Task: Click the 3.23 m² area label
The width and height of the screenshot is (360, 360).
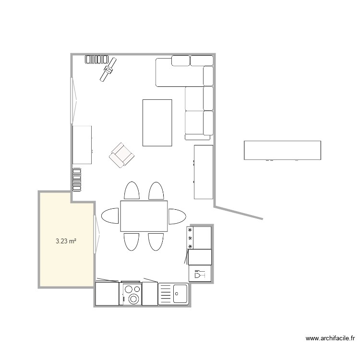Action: (66, 241)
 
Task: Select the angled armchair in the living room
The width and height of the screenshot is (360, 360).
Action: (121, 155)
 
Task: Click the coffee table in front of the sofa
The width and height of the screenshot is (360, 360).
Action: (157, 122)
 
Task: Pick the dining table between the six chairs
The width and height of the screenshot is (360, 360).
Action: (144, 216)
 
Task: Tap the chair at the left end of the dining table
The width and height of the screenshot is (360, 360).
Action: (110, 216)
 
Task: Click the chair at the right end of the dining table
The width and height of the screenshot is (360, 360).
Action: (177, 216)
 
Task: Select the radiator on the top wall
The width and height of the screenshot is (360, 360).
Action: (96, 60)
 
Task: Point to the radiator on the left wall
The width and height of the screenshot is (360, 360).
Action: (77, 179)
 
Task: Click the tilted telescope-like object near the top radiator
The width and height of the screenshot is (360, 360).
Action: (108, 69)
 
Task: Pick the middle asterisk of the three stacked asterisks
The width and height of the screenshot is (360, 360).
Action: (190, 239)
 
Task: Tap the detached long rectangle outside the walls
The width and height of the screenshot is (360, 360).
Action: (282, 150)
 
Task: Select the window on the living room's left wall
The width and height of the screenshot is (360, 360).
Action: (73, 101)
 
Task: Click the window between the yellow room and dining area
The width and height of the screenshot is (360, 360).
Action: (96, 232)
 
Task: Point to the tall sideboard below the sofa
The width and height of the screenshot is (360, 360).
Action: (203, 172)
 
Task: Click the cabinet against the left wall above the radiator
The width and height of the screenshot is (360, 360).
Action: (82, 144)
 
